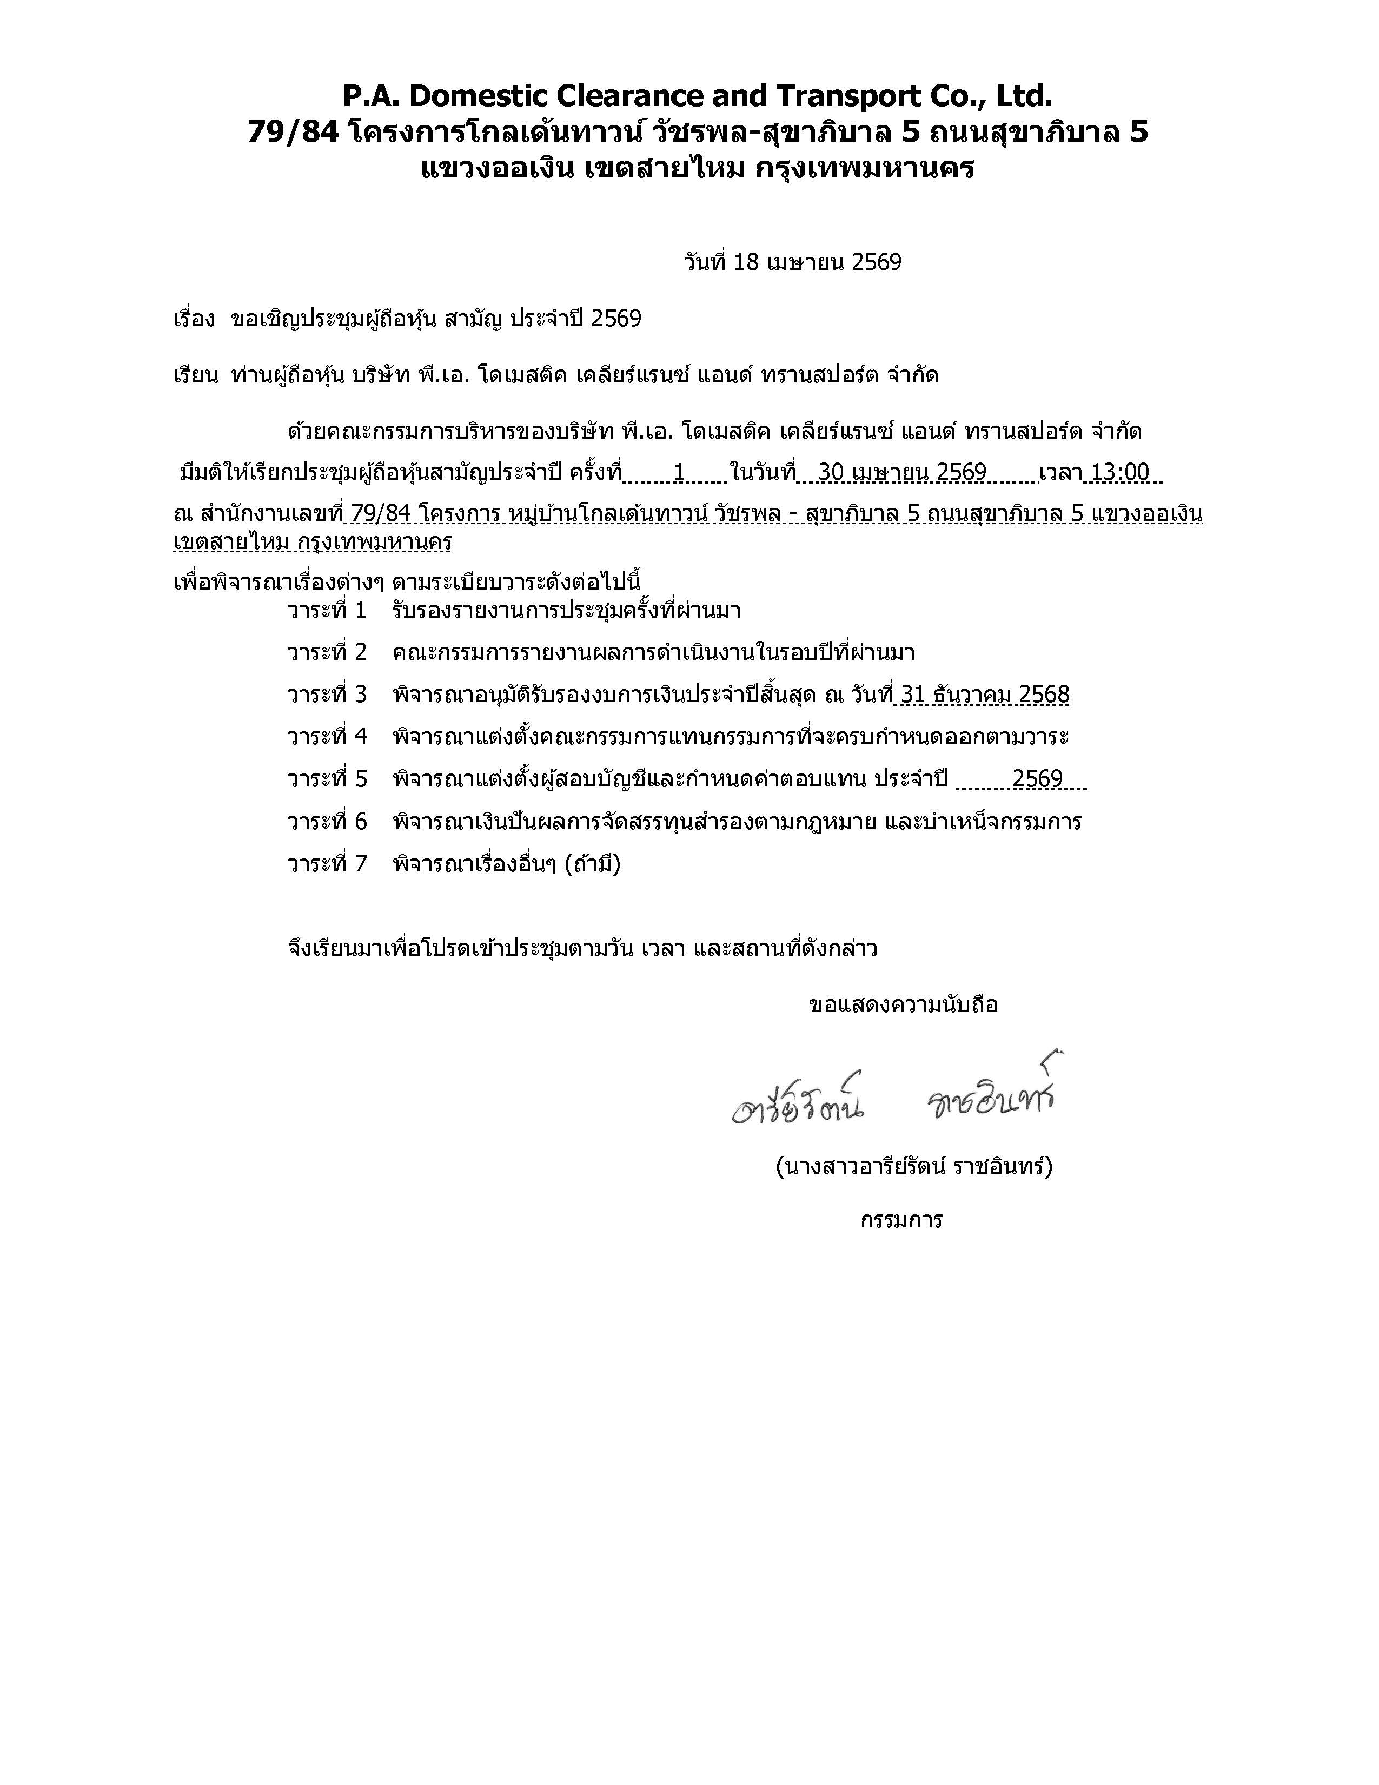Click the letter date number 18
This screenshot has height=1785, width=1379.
747,262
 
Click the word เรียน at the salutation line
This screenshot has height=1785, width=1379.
195,376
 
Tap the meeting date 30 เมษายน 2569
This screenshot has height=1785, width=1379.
902,472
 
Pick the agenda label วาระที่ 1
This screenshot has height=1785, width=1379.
327,611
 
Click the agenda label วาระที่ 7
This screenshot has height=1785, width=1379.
327,864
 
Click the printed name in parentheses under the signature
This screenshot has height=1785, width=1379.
913,1166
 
